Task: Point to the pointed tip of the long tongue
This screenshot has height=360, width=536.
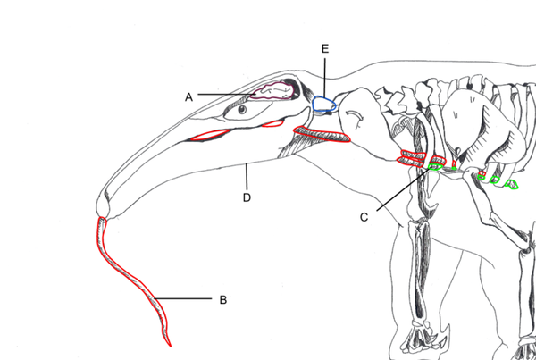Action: coord(170,344)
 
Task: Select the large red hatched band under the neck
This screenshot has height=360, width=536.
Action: coord(320,134)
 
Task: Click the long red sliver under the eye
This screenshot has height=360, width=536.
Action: coord(212,136)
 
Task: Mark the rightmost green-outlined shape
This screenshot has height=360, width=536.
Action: coord(515,185)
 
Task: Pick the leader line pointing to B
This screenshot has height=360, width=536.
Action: coord(183,297)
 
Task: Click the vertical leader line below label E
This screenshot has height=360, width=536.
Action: coord(324,76)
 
